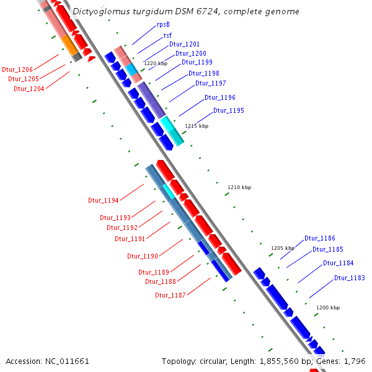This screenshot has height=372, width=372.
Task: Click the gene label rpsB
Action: (x=164, y=25)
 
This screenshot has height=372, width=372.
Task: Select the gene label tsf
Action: (x=167, y=35)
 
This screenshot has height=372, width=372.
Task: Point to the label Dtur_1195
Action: (x=229, y=110)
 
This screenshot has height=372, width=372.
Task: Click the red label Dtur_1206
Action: (x=17, y=69)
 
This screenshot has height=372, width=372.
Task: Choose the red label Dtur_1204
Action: (x=29, y=89)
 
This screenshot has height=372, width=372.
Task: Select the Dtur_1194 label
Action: (x=104, y=200)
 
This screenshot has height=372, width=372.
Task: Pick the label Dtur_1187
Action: (x=170, y=295)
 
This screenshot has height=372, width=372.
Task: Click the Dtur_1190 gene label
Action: (x=143, y=256)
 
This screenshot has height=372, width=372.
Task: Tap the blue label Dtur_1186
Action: (x=320, y=238)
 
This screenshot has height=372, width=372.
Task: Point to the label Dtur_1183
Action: (x=350, y=278)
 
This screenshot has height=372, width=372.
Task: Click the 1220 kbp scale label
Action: (x=156, y=63)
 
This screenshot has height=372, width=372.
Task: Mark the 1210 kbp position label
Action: (x=239, y=187)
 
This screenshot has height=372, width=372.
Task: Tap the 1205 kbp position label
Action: (x=281, y=248)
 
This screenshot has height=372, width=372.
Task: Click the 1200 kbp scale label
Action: (x=328, y=308)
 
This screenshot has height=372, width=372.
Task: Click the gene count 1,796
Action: (x=354, y=361)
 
